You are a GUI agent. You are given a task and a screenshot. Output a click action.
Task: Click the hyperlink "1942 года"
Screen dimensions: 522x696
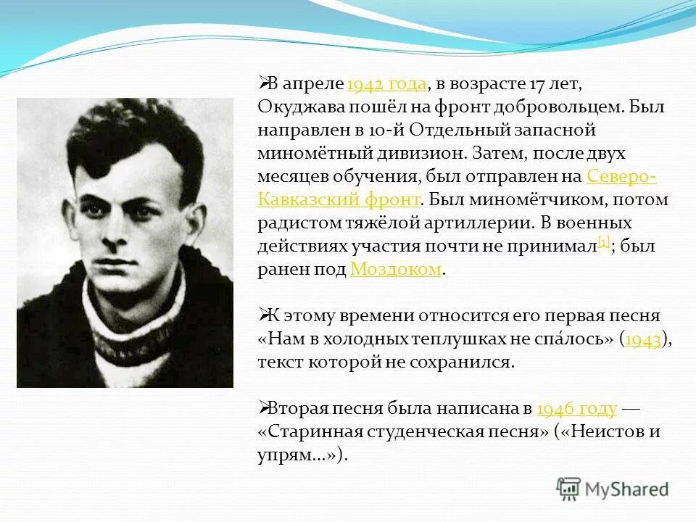(x=386, y=84)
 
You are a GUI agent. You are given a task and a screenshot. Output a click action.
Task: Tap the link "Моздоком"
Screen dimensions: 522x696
(x=395, y=270)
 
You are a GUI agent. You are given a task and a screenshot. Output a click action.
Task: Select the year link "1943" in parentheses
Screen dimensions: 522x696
(x=643, y=339)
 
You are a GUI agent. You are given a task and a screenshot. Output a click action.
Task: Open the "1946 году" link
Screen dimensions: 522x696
(x=577, y=409)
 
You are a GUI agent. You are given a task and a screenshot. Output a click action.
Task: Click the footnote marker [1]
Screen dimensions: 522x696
(x=604, y=241)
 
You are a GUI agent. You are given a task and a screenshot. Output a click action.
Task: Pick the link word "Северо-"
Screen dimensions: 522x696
(x=621, y=177)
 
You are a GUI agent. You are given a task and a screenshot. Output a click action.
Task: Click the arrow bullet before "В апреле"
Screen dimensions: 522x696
(x=264, y=83)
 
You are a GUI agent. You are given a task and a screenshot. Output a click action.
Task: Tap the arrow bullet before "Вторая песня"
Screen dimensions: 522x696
(x=264, y=408)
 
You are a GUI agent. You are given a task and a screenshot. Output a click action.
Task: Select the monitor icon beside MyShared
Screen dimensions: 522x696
(x=569, y=489)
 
